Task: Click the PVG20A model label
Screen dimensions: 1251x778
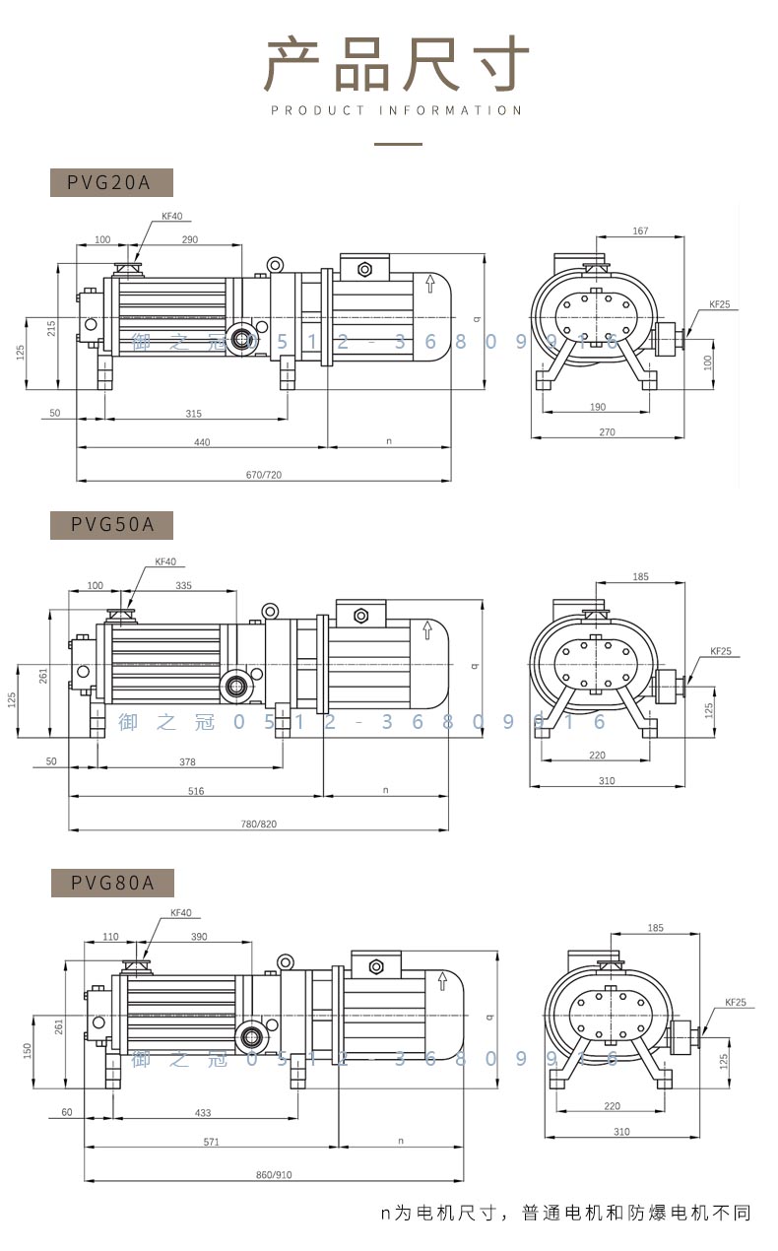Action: pyautogui.click(x=111, y=182)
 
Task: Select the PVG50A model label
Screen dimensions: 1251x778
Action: pyautogui.click(x=111, y=525)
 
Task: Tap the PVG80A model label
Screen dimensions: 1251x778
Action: pyautogui.click(x=111, y=883)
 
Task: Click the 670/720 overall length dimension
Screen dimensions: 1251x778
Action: pyautogui.click(x=263, y=475)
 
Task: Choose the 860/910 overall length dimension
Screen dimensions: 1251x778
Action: pyautogui.click(x=273, y=1175)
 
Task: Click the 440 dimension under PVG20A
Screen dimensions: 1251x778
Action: pyautogui.click(x=202, y=442)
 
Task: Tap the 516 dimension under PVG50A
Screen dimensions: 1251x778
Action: pyautogui.click(x=196, y=790)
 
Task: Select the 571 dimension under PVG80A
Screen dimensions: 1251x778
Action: pyautogui.click(x=212, y=1142)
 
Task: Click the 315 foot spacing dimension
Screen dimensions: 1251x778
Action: pyautogui.click(x=193, y=413)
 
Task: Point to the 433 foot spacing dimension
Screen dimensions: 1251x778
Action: pyautogui.click(x=203, y=1112)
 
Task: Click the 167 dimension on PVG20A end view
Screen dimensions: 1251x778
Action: pyautogui.click(x=640, y=231)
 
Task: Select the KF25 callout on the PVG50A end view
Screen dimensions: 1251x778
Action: pyautogui.click(x=721, y=651)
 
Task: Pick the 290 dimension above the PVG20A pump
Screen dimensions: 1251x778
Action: pyautogui.click(x=190, y=239)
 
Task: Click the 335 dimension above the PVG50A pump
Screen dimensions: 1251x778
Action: pyautogui.click(x=182, y=585)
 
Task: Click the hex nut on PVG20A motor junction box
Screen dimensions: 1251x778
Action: pyautogui.click(x=364, y=269)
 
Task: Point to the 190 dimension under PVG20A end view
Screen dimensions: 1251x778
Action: pyautogui.click(x=598, y=406)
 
